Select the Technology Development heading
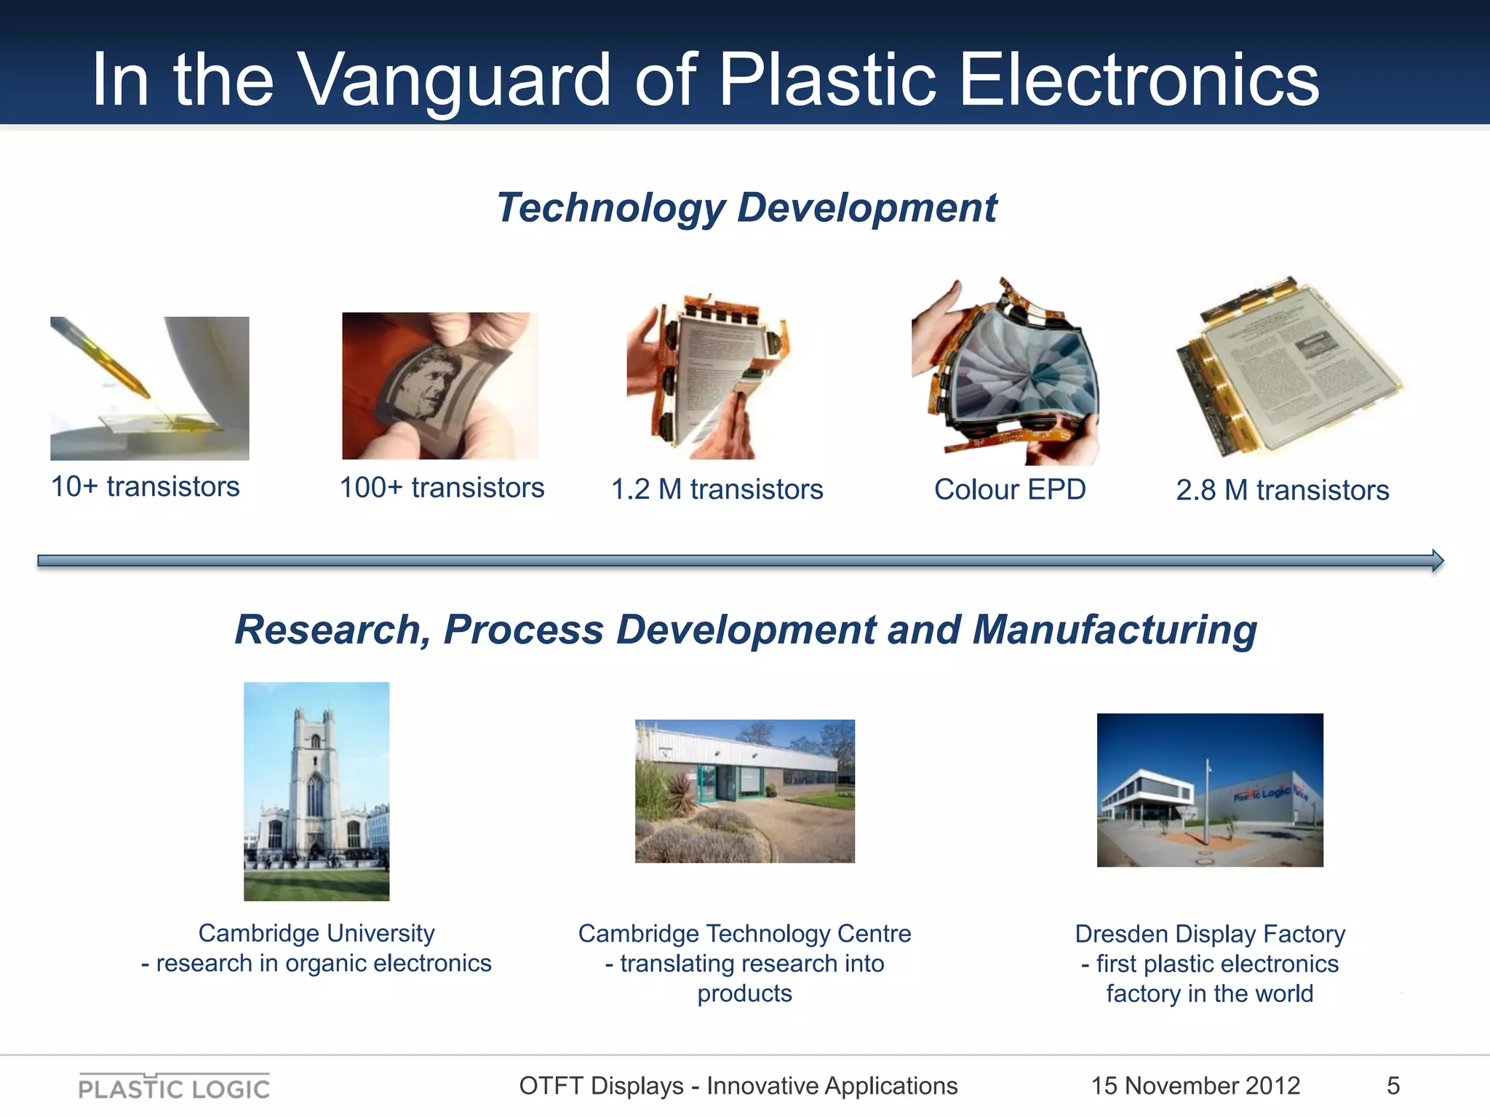[x=746, y=208]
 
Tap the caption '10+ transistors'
[x=145, y=487]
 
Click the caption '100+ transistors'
[x=442, y=488]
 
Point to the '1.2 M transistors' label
[x=717, y=489]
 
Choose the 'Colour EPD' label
[x=1010, y=489]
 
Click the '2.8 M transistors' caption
[x=1282, y=490]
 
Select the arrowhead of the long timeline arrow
[x=1437, y=561]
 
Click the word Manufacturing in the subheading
[x=1115, y=630]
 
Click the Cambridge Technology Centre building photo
[x=744, y=791]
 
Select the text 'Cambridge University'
[x=316, y=933]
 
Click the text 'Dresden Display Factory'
[x=1210, y=934]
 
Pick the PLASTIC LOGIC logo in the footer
[x=174, y=1087]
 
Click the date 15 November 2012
[x=1195, y=1086]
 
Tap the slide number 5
[x=1393, y=1086]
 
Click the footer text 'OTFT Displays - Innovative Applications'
[x=738, y=1086]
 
